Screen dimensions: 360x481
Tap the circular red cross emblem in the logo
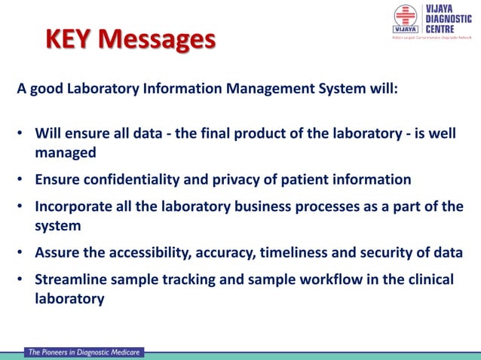[x=405, y=17]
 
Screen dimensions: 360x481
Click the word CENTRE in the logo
[x=440, y=29]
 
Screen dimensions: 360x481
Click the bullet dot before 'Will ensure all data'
[x=21, y=134]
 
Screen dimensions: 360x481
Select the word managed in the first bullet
[x=66, y=152]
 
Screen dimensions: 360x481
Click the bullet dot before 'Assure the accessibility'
[x=21, y=252]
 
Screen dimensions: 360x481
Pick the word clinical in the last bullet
[x=427, y=279]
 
